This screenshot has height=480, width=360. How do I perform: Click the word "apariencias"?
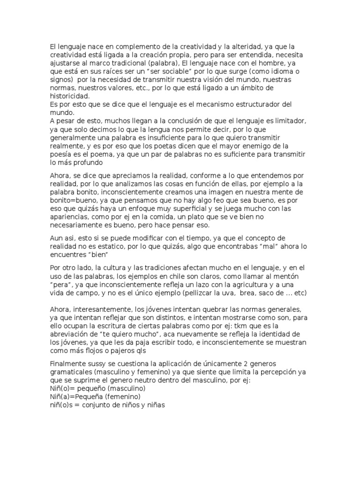[69, 217]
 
